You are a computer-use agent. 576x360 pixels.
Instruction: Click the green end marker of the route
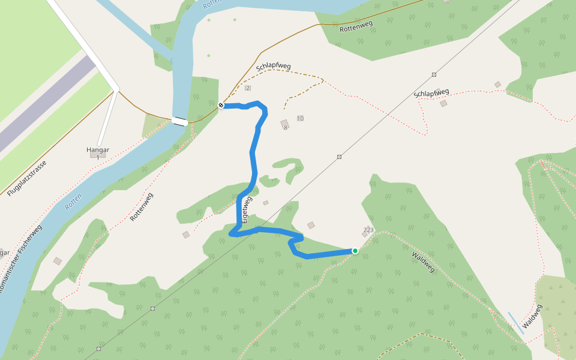tap(355, 251)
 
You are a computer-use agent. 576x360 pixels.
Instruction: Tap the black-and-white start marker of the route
tap(221, 106)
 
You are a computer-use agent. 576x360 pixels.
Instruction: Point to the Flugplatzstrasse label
tap(27, 178)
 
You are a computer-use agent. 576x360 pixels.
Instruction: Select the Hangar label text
tap(97, 149)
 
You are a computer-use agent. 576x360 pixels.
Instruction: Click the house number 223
tap(368, 230)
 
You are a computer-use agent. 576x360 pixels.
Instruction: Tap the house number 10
tap(300, 118)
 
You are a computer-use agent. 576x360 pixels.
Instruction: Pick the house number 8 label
tap(286, 127)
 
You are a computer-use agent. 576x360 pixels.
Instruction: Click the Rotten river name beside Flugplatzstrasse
tap(73, 202)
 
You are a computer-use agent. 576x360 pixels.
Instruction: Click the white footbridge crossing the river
tap(179, 121)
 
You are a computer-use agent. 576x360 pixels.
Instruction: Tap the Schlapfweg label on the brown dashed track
tap(273, 66)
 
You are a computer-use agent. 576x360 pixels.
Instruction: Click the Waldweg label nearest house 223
tap(423, 262)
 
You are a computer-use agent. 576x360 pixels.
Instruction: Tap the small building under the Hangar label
tap(97, 155)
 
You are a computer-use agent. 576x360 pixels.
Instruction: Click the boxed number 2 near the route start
tap(248, 88)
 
